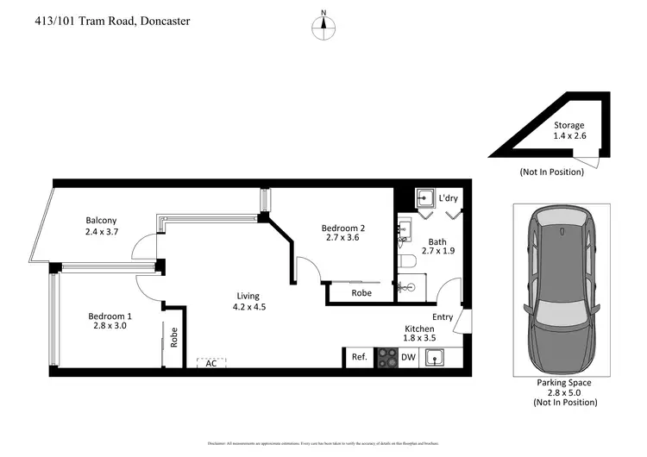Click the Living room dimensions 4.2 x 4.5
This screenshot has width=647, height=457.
pyautogui.click(x=249, y=307)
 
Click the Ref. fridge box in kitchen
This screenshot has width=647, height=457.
pyautogui.click(x=359, y=357)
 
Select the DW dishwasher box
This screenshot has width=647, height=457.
pyautogui.click(x=408, y=357)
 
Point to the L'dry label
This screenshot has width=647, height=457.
pyautogui.click(x=448, y=198)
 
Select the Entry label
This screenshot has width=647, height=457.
pyautogui.click(x=443, y=317)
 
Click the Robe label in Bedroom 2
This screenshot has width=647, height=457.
pyautogui.click(x=362, y=293)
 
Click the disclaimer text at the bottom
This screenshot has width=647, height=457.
pyautogui.click(x=323, y=443)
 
